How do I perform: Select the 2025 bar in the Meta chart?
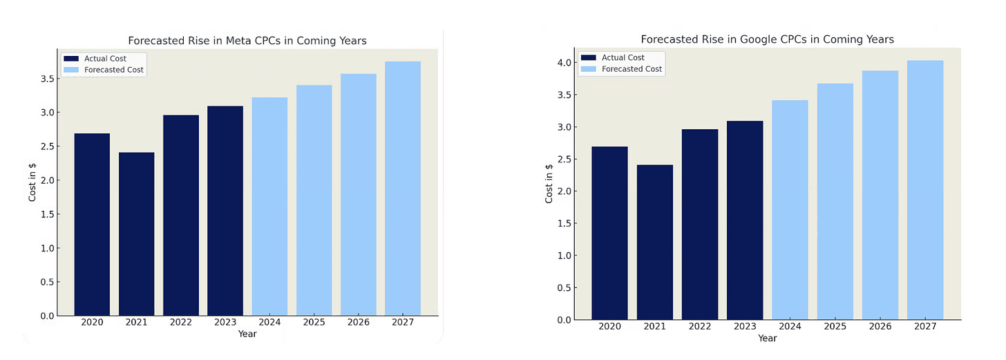[314, 200]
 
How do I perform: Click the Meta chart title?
[247, 41]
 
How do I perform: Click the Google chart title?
[767, 39]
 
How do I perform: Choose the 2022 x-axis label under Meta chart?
[180, 322]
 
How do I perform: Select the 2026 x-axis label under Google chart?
[880, 326]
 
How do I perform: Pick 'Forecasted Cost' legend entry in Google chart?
[632, 69]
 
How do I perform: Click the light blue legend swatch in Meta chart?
[71, 70]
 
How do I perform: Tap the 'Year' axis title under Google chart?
[767, 339]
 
